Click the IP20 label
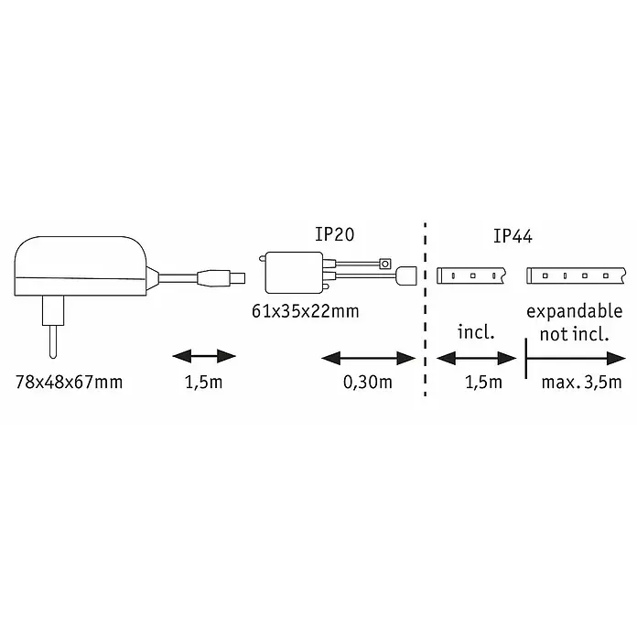[x=334, y=234]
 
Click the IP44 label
[x=513, y=236]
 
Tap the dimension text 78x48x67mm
[x=69, y=383]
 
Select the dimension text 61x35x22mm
[x=306, y=311]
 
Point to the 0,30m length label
[x=368, y=383]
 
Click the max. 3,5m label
[x=581, y=383]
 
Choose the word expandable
[x=575, y=311]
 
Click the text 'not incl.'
[x=574, y=334]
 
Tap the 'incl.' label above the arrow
[x=476, y=332]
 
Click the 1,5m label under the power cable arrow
[x=203, y=383]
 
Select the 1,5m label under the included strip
[x=483, y=383]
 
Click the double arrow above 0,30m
[x=368, y=359]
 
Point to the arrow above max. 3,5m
[x=576, y=359]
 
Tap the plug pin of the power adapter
[x=53, y=341]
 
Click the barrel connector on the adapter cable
[x=221, y=278]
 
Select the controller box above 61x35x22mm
[x=294, y=272]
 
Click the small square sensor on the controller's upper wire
[x=385, y=265]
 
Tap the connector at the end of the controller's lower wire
[x=406, y=275]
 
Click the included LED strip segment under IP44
[x=470, y=275]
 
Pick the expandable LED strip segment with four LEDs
[x=577, y=275]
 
